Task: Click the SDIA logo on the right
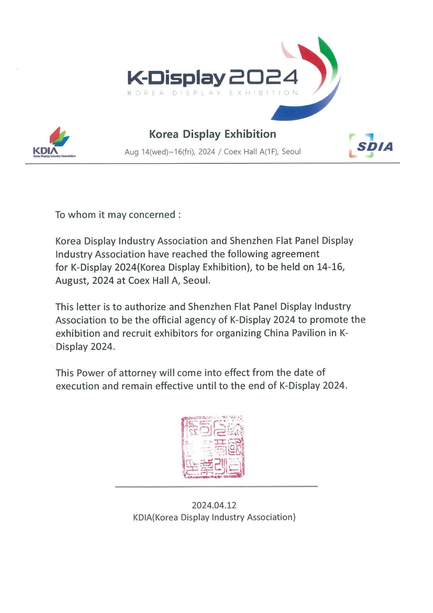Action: point(371,146)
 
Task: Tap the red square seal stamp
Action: point(213,447)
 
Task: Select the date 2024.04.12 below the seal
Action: point(214,505)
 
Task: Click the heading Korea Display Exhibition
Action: point(212,134)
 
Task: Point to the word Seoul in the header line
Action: point(291,151)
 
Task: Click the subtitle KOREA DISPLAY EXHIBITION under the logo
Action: point(212,93)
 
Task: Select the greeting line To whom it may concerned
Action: point(118,215)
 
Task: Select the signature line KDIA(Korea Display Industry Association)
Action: point(214,517)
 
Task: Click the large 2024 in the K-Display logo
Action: point(264,78)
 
